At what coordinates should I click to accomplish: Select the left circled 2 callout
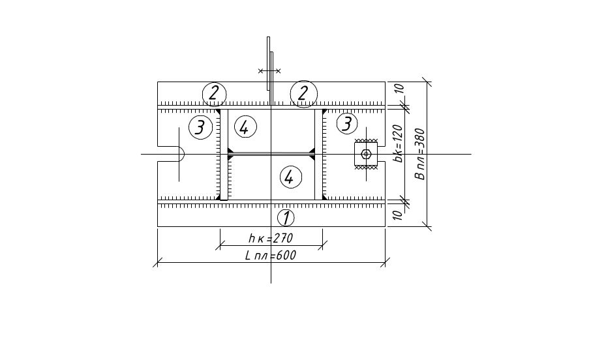(213, 93)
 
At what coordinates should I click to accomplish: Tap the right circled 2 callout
(303, 93)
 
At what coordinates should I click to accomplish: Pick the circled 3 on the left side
(200, 127)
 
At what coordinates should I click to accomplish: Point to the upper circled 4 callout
(244, 127)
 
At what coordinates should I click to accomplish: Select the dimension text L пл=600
(270, 256)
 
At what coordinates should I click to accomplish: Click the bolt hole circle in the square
(366, 154)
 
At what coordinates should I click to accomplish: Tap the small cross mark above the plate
(269, 70)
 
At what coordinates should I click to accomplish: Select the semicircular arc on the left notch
(183, 154)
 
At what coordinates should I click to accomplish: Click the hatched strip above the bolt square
(366, 141)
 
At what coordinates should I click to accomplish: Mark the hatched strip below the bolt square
(366, 168)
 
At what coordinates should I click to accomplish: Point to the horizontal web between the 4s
(271, 155)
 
